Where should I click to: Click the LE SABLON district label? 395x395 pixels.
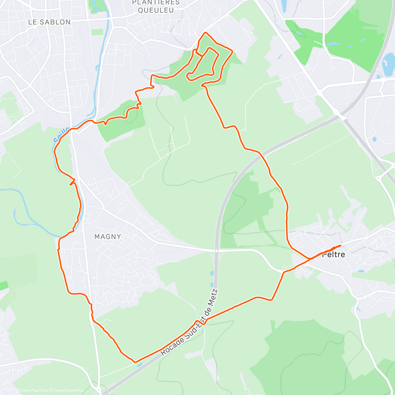[49, 22]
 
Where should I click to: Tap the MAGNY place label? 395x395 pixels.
[108, 236]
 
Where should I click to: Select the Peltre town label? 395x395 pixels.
[333, 254]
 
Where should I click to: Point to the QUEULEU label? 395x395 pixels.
[156, 10]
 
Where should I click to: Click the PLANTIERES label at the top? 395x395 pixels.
[156, 3]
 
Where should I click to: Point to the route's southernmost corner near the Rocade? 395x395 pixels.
[135, 362]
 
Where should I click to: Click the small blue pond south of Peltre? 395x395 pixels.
[360, 272]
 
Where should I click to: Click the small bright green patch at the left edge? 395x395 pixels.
[3, 286]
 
